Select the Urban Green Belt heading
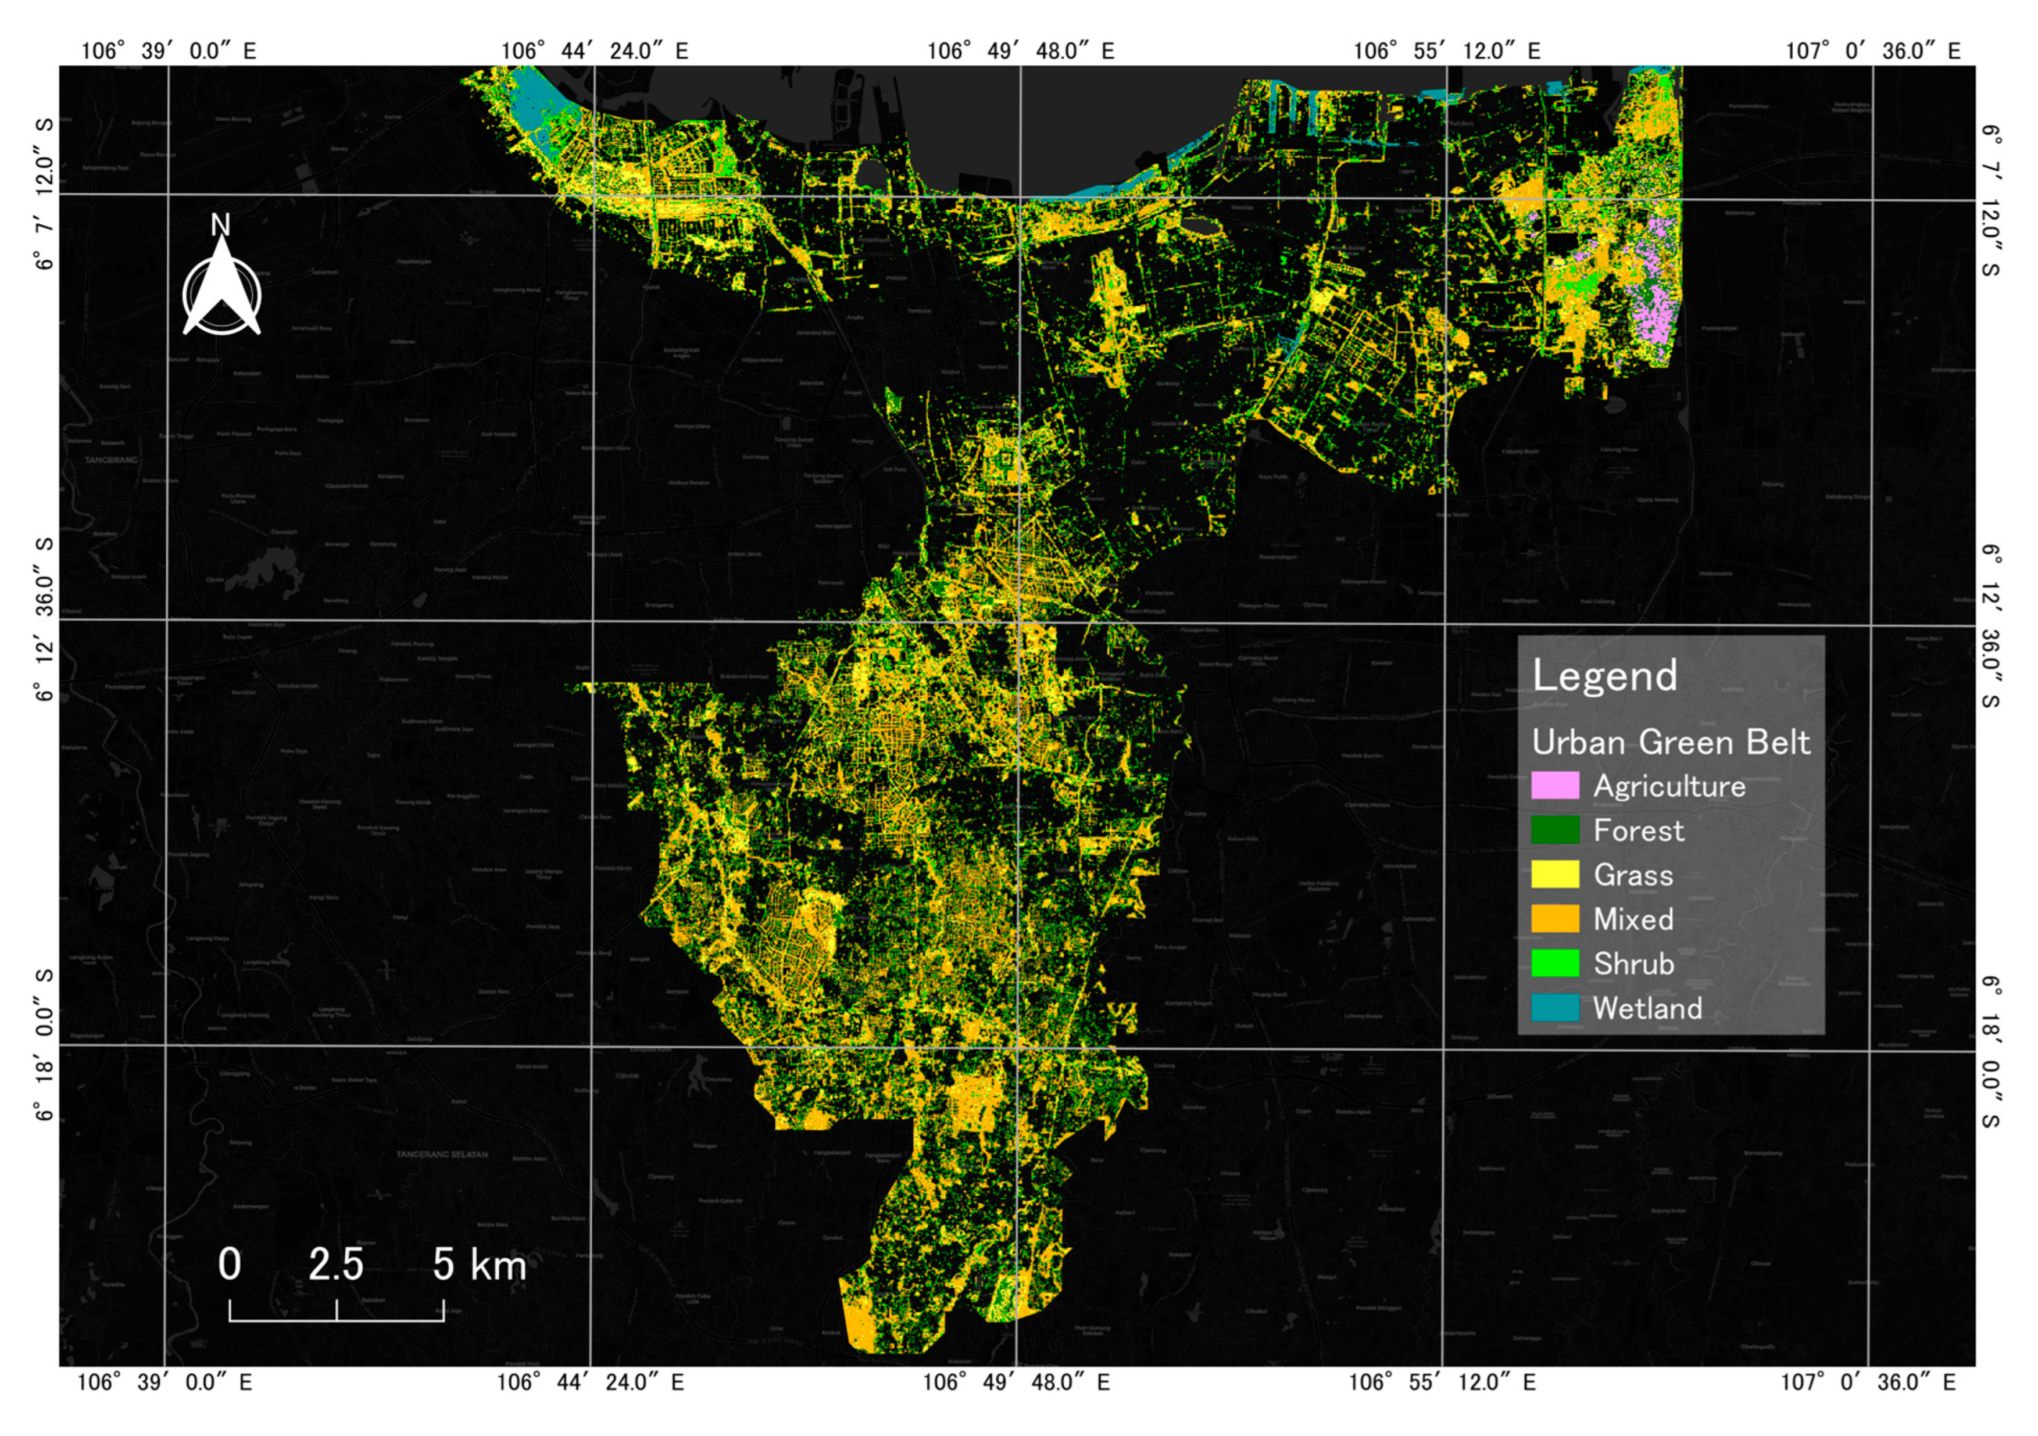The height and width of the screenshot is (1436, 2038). coord(1671,742)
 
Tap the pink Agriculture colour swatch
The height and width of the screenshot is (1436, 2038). coord(1555,786)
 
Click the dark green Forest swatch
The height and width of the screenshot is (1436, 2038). coord(1555,830)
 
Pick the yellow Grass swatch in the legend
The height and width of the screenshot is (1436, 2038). coord(1555,874)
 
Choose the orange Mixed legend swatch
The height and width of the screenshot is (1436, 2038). coord(1555,919)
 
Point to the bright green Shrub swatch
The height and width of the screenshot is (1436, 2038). coord(1555,963)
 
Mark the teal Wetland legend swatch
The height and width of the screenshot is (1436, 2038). coord(1555,1007)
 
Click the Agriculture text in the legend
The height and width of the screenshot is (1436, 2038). coord(1669,786)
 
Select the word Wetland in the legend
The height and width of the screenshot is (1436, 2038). coord(1647,1008)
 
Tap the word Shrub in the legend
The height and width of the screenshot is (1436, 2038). coord(1633,964)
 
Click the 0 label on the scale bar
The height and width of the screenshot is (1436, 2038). coord(229,1264)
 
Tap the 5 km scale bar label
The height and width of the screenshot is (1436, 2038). coord(480,1264)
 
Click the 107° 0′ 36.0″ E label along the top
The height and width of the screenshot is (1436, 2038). coord(1873,51)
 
